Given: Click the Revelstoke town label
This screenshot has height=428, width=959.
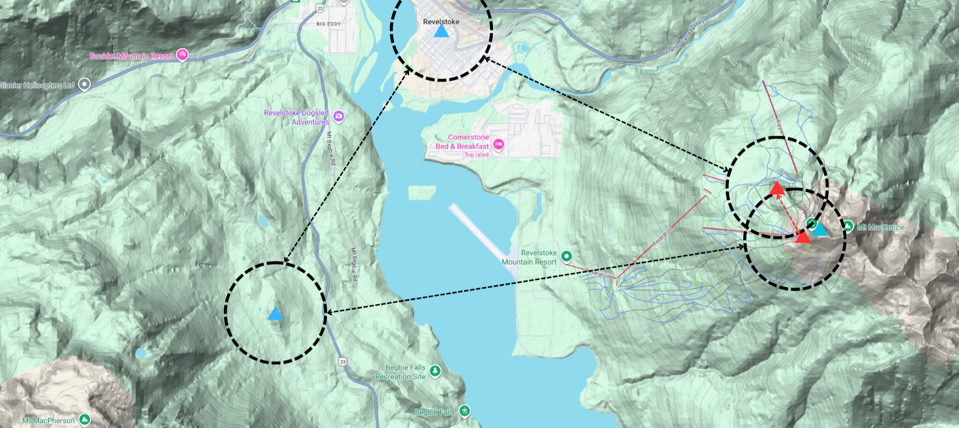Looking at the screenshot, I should (441, 22).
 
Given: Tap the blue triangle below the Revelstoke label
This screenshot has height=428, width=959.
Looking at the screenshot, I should (441, 32).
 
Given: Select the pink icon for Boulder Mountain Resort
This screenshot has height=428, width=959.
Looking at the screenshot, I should (182, 55).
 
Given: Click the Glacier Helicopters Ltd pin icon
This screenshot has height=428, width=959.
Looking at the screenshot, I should (84, 85).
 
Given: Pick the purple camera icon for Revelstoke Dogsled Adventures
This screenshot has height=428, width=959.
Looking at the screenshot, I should (339, 116).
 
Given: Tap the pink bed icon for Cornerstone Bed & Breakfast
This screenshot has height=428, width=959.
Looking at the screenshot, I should (499, 144).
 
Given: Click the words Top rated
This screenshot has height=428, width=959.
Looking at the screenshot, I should (476, 155).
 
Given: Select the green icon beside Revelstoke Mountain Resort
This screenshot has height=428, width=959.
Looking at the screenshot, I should (566, 256).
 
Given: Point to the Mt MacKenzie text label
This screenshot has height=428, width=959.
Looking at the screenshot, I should (881, 227).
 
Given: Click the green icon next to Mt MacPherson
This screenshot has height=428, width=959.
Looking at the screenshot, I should (85, 420).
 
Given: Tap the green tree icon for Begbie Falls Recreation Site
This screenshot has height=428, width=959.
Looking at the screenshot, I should (435, 371).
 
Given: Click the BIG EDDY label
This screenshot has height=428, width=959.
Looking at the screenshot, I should (328, 24).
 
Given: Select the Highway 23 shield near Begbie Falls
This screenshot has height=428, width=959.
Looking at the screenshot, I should (342, 362).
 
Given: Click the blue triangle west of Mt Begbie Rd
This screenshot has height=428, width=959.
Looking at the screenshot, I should (275, 314).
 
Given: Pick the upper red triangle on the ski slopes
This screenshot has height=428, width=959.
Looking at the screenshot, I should (777, 188).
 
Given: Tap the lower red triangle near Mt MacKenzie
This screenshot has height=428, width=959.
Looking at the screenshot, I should (803, 237).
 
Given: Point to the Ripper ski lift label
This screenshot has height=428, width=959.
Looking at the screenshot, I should (780, 127).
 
